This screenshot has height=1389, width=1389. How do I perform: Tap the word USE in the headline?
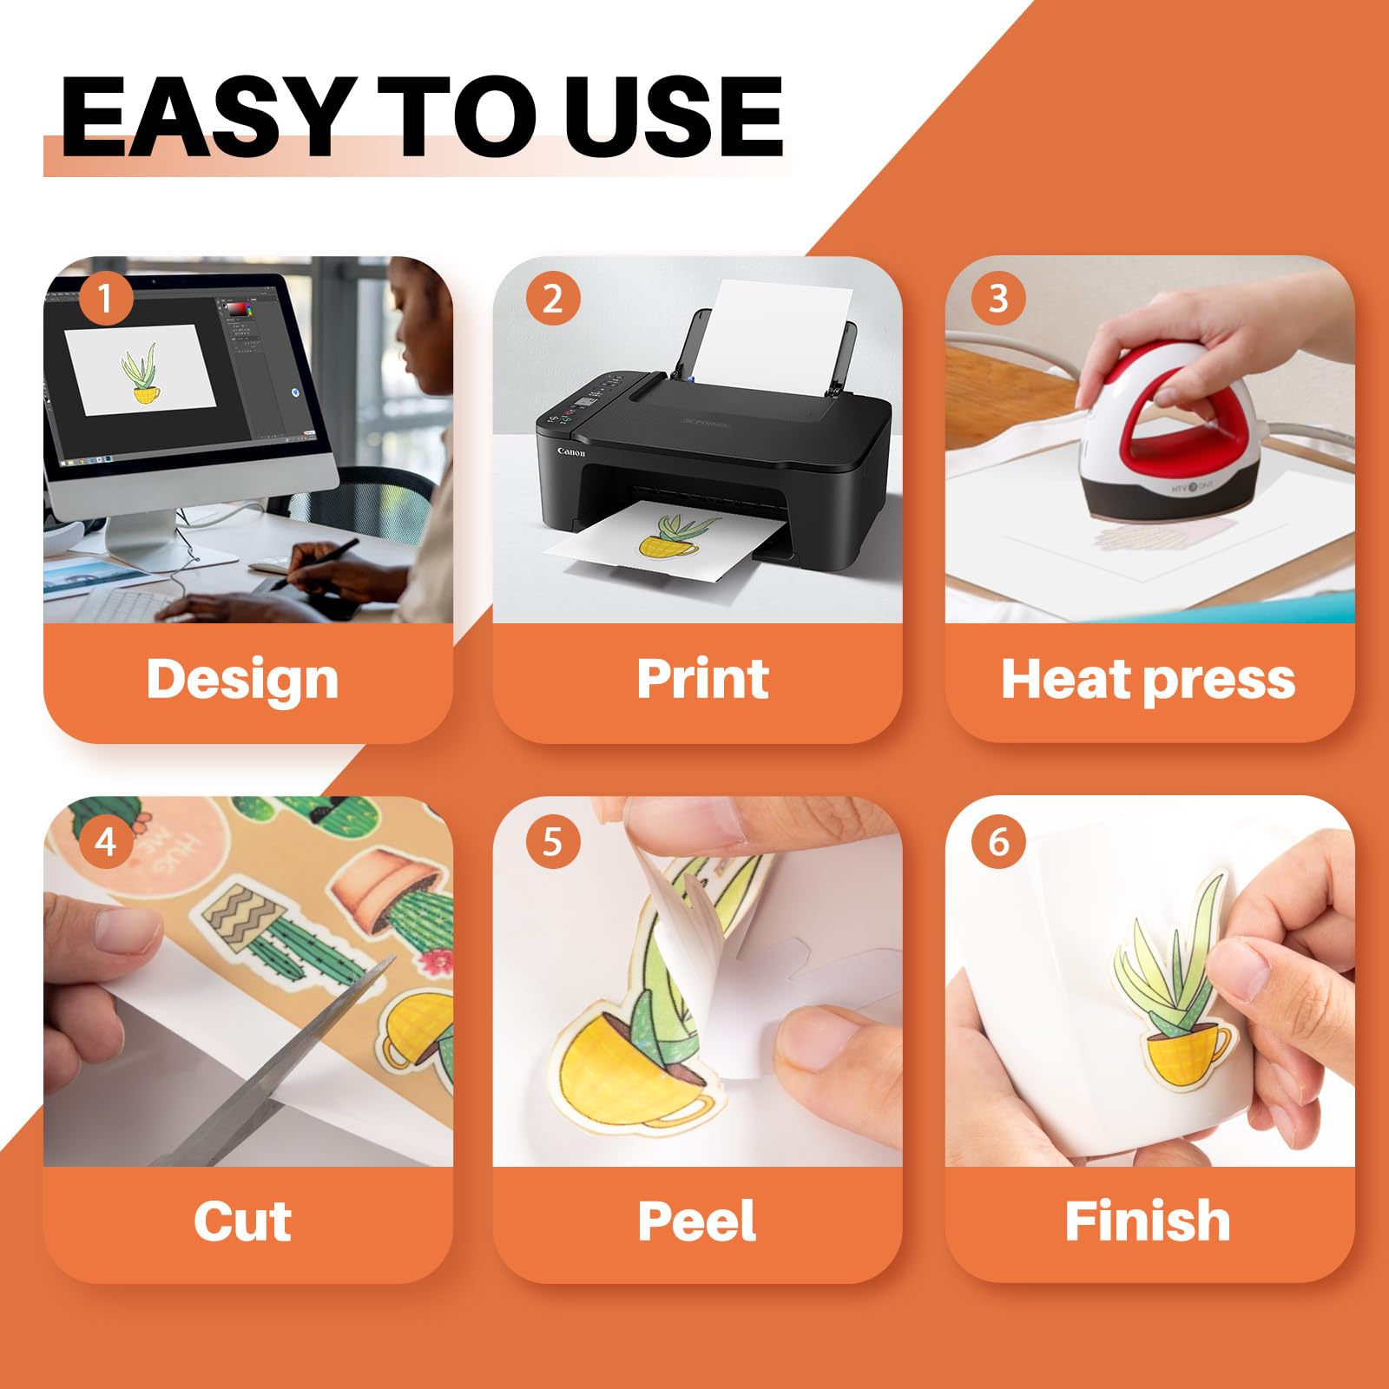click(674, 116)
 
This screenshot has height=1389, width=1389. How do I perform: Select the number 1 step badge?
click(106, 300)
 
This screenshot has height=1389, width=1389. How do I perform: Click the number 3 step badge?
click(998, 300)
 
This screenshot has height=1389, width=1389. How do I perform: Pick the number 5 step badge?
click(552, 841)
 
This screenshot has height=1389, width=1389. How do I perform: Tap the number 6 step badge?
click(998, 841)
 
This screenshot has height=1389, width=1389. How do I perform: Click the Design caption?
click(242, 681)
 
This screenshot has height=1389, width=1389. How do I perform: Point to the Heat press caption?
click(1148, 680)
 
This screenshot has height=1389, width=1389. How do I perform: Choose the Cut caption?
click(242, 1221)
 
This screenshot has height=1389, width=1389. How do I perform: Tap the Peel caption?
click(696, 1221)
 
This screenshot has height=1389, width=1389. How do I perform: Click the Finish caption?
click(1148, 1221)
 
